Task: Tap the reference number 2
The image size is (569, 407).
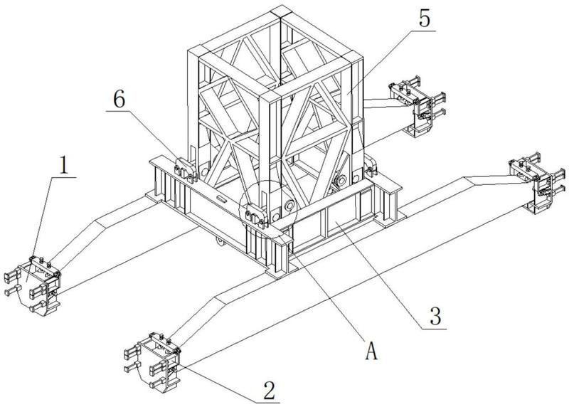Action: coord(269,391)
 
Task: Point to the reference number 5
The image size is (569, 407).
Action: coord(424,18)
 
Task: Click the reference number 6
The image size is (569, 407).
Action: coord(119,99)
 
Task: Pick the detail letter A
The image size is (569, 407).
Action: coord(371,351)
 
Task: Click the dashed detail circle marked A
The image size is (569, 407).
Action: coord(268,208)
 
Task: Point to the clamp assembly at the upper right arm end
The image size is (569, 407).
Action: coord(418,105)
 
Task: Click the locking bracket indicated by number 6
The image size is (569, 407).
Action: coord(185,169)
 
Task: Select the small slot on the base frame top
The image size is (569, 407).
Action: coord(221,199)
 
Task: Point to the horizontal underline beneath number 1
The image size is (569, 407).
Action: coord(63,178)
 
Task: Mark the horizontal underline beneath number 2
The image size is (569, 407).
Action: coord(267,403)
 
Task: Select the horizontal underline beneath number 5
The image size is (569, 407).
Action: coord(423,31)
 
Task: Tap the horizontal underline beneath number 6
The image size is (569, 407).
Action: coord(119,111)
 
